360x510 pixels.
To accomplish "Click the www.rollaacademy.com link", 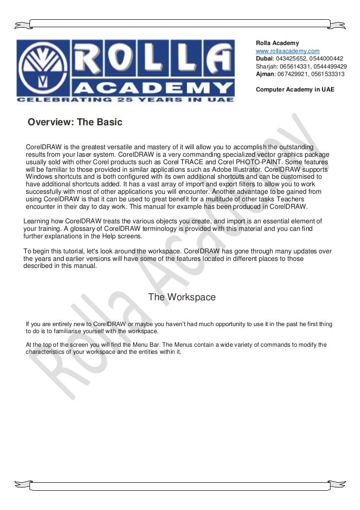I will [x=287, y=51].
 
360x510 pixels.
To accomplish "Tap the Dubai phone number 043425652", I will [x=291, y=59].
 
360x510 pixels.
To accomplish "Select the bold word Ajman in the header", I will [x=265, y=74].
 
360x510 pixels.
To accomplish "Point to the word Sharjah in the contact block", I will [x=265, y=66].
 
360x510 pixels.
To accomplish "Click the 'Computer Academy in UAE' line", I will [x=295, y=89].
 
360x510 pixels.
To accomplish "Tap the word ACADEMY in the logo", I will [x=154, y=88].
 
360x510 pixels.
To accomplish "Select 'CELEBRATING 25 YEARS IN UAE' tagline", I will [x=125, y=99].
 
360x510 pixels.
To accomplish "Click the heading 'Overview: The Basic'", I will [x=75, y=122].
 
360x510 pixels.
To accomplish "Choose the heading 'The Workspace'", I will [x=182, y=297].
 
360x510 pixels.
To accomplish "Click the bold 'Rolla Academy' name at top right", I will [x=277, y=43].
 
